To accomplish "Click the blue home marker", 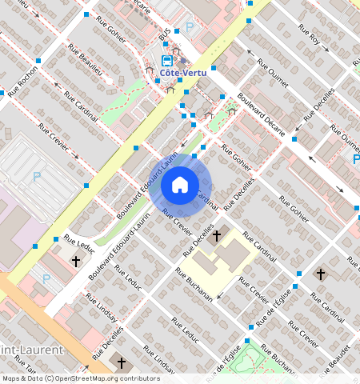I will (180, 186).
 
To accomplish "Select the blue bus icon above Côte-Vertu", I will (166, 60).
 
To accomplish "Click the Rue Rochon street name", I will (25, 78).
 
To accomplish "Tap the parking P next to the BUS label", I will (190, 27).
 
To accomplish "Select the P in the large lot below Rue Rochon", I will (36, 177).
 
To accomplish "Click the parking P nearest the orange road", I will (46, 279).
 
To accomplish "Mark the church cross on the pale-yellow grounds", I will (215, 236).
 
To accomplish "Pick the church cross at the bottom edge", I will (122, 362).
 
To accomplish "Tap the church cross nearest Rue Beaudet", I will (320, 274).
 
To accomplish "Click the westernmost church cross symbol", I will (76, 261).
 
